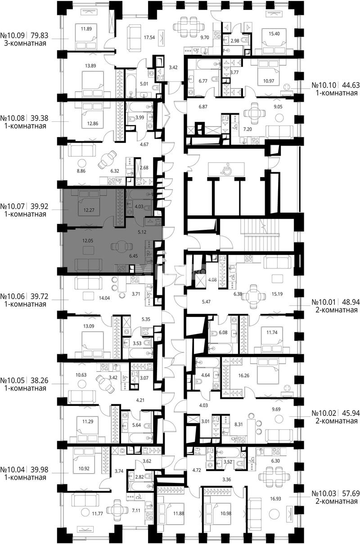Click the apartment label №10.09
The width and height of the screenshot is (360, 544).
pyautogui.click(x=13, y=36)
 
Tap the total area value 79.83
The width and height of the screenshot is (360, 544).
pyautogui.click(x=40, y=36)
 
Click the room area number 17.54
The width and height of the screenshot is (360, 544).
pyautogui.click(x=149, y=37)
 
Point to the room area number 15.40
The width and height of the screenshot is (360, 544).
pyautogui.click(x=274, y=34)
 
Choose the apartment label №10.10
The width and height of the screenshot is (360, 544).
pyautogui.click(x=324, y=85)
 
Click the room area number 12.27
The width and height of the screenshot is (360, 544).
pyautogui.click(x=89, y=210)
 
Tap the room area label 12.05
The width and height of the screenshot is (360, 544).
pyautogui.click(x=88, y=241)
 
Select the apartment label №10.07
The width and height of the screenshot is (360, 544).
pyautogui.click(x=13, y=206)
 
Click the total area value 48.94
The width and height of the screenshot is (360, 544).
pyautogui.click(x=351, y=302)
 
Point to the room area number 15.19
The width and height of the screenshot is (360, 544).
pyautogui.click(x=277, y=294)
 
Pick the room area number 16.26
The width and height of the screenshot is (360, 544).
pyautogui.click(x=244, y=375)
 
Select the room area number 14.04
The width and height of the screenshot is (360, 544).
pyautogui.click(x=104, y=298)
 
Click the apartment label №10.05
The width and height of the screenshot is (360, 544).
pyautogui.click(x=13, y=380)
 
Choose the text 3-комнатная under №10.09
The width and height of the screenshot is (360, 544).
pyautogui.click(x=25, y=44)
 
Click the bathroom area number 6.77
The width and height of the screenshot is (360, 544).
pyautogui.click(x=203, y=81)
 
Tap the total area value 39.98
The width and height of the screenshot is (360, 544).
pyautogui.click(x=40, y=470)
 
